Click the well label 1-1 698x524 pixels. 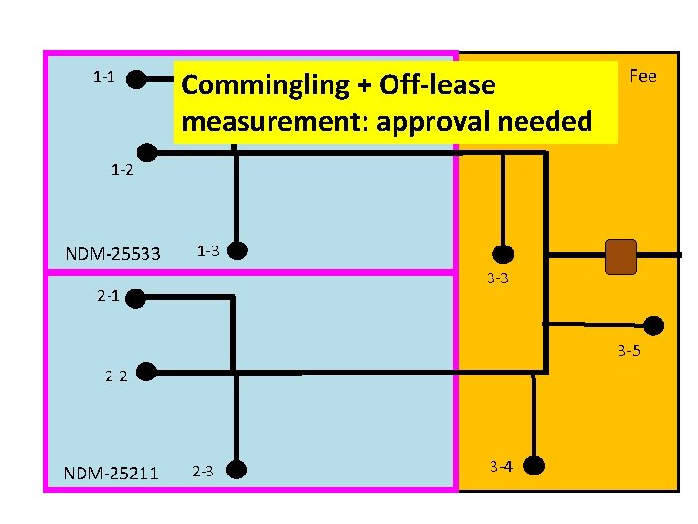104,76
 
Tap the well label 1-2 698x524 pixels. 121,170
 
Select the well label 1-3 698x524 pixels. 208,251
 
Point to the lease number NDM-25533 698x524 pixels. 113,254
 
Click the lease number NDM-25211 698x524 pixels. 111,474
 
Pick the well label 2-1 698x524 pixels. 109,296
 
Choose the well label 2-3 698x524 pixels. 203,472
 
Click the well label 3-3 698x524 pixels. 498,279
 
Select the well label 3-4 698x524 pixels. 501,467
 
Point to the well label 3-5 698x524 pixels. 628,350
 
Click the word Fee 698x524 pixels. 643,76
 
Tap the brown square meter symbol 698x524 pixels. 619,256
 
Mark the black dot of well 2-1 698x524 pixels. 136,297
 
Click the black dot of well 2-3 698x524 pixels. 234,471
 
